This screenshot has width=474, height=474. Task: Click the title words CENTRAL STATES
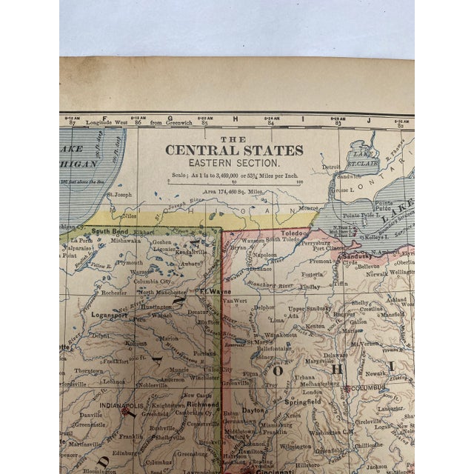click(234, 150)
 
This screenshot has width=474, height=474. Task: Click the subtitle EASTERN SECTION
click(234, 161)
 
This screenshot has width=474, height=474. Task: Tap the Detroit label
click(333, 169)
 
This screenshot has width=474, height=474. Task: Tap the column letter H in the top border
click(236, 118)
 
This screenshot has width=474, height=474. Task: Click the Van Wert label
click(236, 301)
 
